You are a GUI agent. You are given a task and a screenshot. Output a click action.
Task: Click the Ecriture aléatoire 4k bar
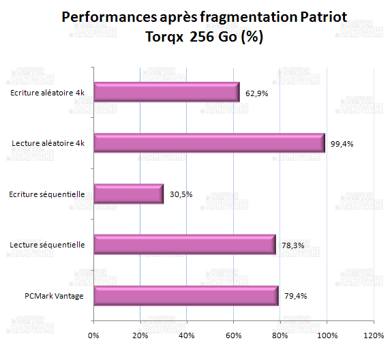coord(166,92)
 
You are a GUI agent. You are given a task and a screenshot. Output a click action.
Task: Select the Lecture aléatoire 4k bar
coord(209,143)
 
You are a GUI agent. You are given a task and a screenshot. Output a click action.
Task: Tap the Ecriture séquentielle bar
coord(128,194)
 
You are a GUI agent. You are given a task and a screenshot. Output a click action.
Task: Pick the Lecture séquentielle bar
coord(185,245)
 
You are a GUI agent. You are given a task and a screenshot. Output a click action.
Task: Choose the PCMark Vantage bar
coord(186,296)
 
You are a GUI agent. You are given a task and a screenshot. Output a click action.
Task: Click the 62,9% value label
coord(258,93)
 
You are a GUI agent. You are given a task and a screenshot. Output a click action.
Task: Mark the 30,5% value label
coord(182,194)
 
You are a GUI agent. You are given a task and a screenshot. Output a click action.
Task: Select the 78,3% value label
coord(295,245)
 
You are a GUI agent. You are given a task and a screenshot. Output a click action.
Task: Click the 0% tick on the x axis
coord(93,335)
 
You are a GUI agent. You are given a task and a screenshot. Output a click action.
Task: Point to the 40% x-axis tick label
coord(186,335)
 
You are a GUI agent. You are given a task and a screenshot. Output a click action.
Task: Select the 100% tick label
coord(326,335)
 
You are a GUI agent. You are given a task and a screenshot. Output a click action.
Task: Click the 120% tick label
coord(373,335)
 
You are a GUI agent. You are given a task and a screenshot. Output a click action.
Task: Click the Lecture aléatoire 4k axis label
coord(48,143)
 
